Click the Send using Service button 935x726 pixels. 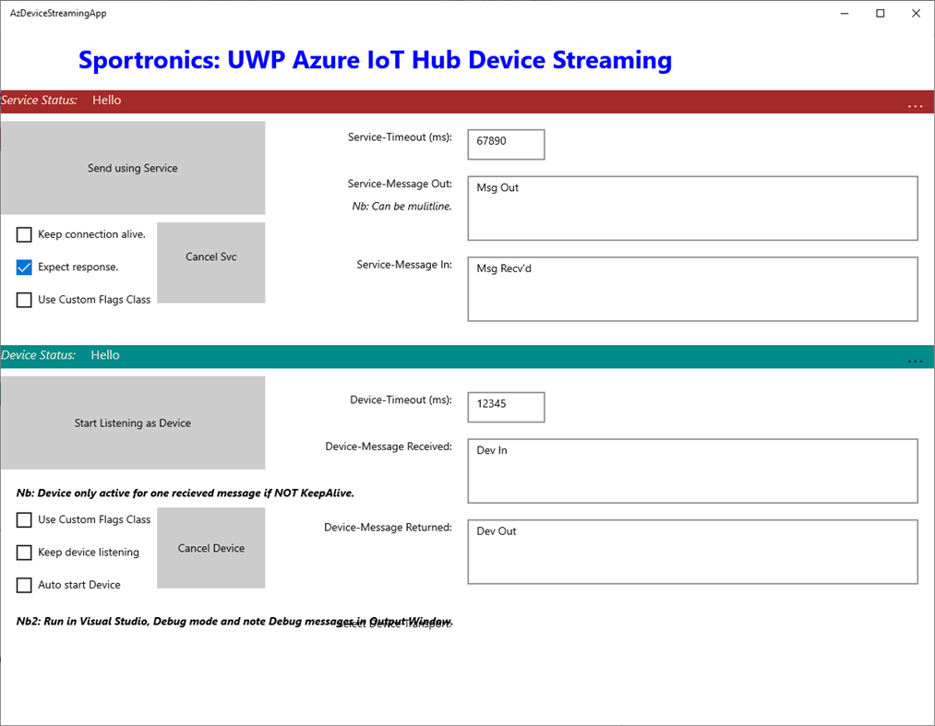pos(132,168)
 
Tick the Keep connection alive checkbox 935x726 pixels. pos(25,235)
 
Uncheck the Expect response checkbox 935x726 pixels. pos(25,268)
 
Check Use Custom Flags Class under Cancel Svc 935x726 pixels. pos(25,300)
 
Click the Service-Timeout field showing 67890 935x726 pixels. pos(506,144)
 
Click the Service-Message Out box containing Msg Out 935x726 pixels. pos(692,208)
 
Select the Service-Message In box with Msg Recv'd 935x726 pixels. pos(692,289)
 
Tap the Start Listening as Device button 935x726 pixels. pos(132,423)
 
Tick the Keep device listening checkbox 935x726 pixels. pos(25,553)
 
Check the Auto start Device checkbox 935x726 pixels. pos(25,585)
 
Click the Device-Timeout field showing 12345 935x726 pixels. pos(506,407)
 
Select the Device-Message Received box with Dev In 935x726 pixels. pos(692,470)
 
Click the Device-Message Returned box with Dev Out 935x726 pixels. pos(692,552)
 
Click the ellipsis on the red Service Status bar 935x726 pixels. pos(915,106)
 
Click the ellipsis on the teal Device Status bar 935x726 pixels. pos(915,361)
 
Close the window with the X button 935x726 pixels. pos(916,14)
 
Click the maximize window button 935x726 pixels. pos(881,14)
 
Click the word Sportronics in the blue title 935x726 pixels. pos(138,61)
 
